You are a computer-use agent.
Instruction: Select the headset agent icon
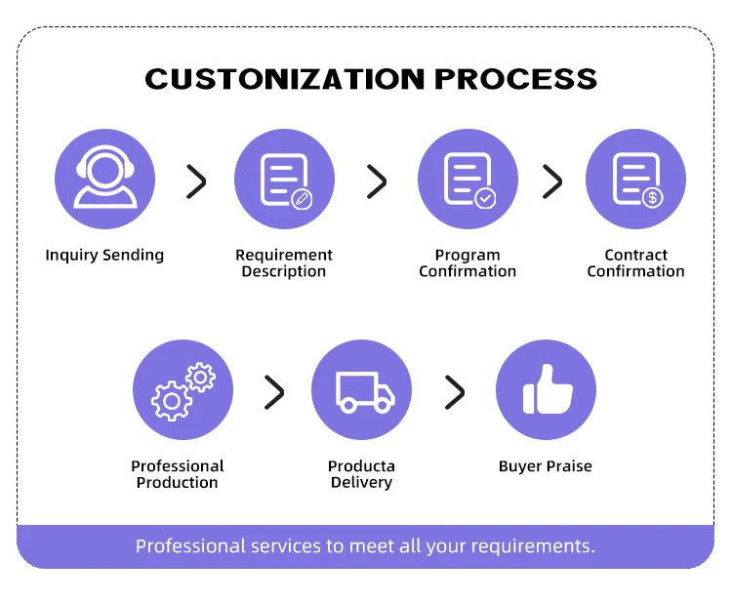(104, 180)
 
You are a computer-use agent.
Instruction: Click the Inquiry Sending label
(104, 256)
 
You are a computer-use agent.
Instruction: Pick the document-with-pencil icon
(284, 180)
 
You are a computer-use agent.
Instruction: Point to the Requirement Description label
(284, 263)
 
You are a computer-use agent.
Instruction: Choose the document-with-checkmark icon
(468, 180)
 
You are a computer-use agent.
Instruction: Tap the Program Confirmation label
(468, 263)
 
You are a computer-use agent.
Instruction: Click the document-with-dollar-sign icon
(635, 180)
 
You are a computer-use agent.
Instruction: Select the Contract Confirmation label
(635, 263)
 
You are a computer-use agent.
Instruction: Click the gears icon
(183, 390)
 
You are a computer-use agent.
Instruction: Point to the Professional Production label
(178, 474)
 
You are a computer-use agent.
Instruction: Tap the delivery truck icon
(362, 390)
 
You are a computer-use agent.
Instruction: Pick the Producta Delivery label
(361, 474)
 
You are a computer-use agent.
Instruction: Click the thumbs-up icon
(546, 390)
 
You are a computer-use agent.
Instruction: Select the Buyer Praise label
(545, 466)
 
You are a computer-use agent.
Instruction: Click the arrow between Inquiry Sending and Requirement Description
(196, 181)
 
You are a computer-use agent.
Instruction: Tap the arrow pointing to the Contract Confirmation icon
(552, 181)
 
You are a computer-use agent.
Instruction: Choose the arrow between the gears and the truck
(274, 392)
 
